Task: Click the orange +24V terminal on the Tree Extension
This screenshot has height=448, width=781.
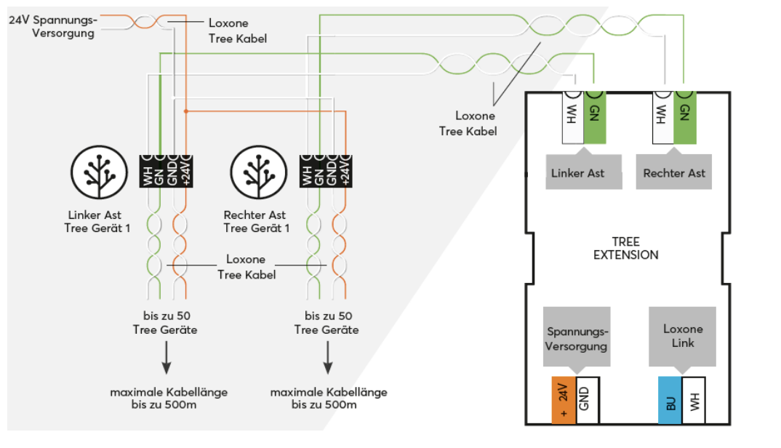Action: point(564,400)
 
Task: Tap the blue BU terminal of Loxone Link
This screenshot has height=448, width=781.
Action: point(670,400)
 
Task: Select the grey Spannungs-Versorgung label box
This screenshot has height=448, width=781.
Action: point(576,337)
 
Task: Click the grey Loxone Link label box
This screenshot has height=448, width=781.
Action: point(682,337)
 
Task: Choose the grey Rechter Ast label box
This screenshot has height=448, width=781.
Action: point(674,172)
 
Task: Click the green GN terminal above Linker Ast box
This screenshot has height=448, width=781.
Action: point(594,117)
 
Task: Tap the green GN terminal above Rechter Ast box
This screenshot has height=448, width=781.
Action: point(684,117)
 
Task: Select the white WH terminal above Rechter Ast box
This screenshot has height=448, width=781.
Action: point(662,117)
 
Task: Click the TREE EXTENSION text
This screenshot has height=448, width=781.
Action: point(625,248)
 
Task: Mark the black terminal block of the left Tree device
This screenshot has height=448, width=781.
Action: point(165,171)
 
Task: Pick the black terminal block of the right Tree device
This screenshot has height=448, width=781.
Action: point(326,171)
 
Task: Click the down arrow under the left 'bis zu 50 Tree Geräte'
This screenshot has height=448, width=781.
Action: point(166,359)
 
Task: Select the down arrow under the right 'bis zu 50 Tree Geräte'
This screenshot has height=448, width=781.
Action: point(327,359)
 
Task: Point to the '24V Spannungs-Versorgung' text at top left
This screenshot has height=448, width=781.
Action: point(52,27)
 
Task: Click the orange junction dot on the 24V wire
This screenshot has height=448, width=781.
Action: point(187,111)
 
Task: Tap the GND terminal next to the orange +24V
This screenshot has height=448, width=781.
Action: point(587,400)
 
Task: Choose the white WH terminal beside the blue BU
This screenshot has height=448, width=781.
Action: point(694,400)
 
